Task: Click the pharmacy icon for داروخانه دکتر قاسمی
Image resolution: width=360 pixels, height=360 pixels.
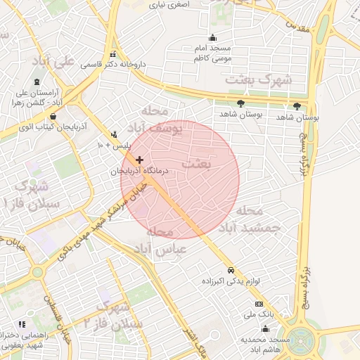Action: pyautogui.click(x=112, y=55)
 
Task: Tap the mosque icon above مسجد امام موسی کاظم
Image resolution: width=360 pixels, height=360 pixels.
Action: pyautogui.click(x=213, y=38)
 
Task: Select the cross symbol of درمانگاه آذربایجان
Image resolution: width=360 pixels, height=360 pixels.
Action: pyautogui.click(x=139, y=160)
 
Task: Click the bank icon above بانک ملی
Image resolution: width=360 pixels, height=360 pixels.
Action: pyautogui.click(x=259, y=304)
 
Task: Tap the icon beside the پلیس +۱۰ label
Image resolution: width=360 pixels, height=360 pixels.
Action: pyautogui.click(x=114, y=134)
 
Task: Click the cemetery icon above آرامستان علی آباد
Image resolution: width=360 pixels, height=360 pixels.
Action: pyautogui.click(x=37, y=82)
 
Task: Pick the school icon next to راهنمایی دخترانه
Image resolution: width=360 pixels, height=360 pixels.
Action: pyautogui.click(x=22, y=325)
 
